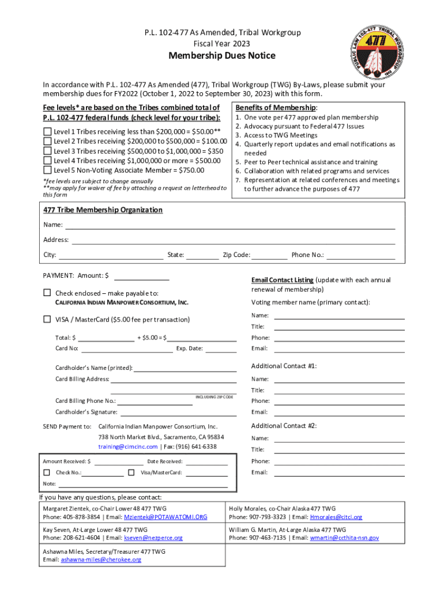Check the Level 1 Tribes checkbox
(47, 131)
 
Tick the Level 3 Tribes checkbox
(47, 150)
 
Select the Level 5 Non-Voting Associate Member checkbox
(47, 170)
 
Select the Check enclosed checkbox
(47, 293)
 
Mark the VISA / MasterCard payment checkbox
(47, 319)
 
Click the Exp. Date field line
(221, 349)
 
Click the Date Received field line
(206, 462)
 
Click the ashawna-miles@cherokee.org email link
(101, 559)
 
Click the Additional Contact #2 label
(284, 426)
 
